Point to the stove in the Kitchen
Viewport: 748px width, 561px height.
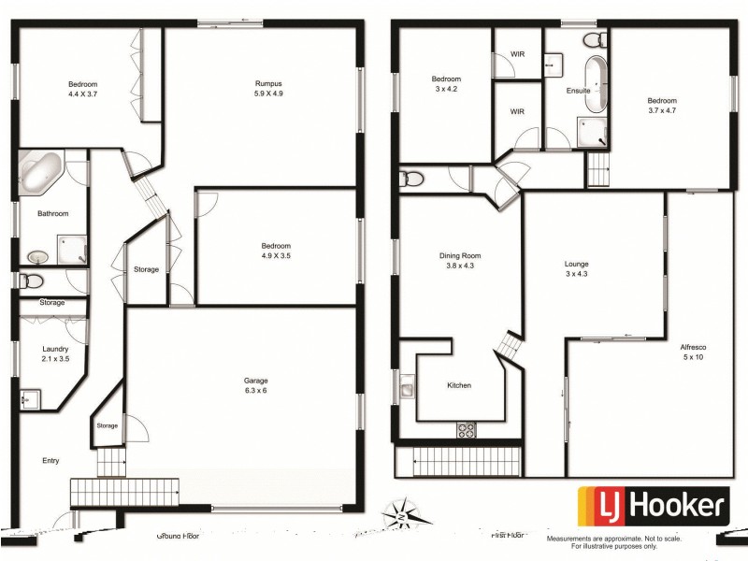coord(466,429)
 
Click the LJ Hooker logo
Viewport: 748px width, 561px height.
coord(654,508)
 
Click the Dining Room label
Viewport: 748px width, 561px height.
coord(459,255)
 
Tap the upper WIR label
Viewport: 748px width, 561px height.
coord(517,54)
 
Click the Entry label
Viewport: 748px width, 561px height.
coord(50,461)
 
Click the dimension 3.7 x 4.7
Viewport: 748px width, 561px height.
coord(662,110)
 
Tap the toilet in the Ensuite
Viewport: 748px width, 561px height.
coord(593,39)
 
